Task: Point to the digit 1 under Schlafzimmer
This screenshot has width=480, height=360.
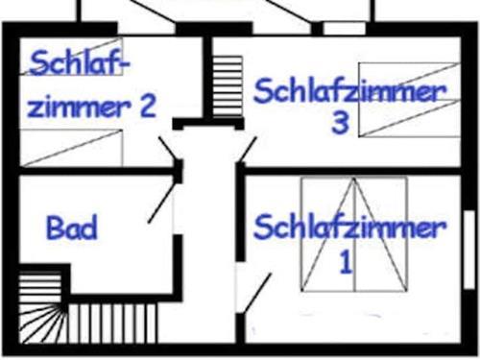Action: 347,260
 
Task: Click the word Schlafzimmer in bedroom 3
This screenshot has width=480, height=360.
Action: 349,92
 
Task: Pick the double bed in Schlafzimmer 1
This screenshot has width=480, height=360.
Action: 352,234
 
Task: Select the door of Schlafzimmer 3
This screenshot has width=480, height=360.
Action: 248,150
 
